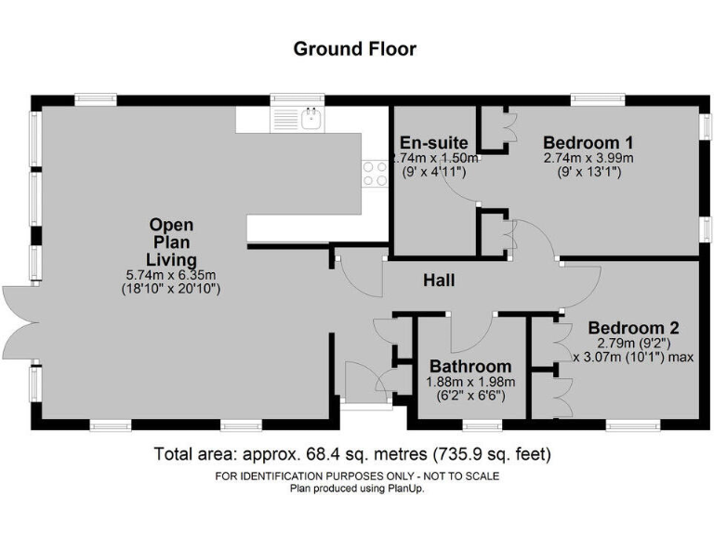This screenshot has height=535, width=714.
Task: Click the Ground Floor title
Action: (x=355, y=48)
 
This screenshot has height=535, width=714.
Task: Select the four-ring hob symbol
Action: (x=375, y=173)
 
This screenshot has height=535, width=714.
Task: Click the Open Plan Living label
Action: (x=172, y=241)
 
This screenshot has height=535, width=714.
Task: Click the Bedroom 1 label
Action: (x=588, y=142)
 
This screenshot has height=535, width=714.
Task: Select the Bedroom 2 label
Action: (x=633, y=327)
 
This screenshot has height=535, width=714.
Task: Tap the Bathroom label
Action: (x=469, y=366)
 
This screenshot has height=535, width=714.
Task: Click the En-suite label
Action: (x=432, y=142)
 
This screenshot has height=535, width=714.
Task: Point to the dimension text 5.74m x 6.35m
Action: (x=172, y=274)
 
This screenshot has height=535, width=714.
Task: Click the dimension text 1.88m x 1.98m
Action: (x=469, y=382)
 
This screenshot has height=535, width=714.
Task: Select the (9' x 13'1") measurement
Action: (x=588, y=172)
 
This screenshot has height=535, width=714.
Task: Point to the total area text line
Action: (x=352, y=455)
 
